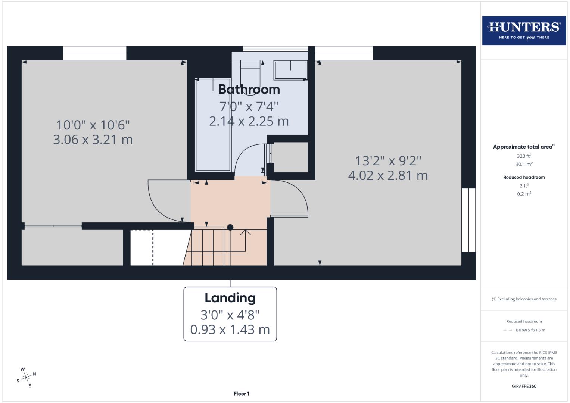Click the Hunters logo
[524, 30]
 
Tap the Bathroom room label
[249, 90]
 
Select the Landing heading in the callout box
[230, 298]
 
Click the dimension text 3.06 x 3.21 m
[93, 140]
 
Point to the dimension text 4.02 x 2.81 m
[388, 175]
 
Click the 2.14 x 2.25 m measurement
[249, 121]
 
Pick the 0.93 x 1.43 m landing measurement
[230, 329]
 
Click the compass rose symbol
[26, 378]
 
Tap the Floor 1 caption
[242, 394]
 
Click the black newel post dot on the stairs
[230, 227]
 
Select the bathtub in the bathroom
[213, 125]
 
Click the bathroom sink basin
[290, 70]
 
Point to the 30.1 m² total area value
[524, 164]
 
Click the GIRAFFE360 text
[524, 386]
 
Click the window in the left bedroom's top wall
[94, 53]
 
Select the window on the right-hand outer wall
[468, 220]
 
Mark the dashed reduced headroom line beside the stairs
[153, 247]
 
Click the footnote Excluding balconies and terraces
[524, 299]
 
